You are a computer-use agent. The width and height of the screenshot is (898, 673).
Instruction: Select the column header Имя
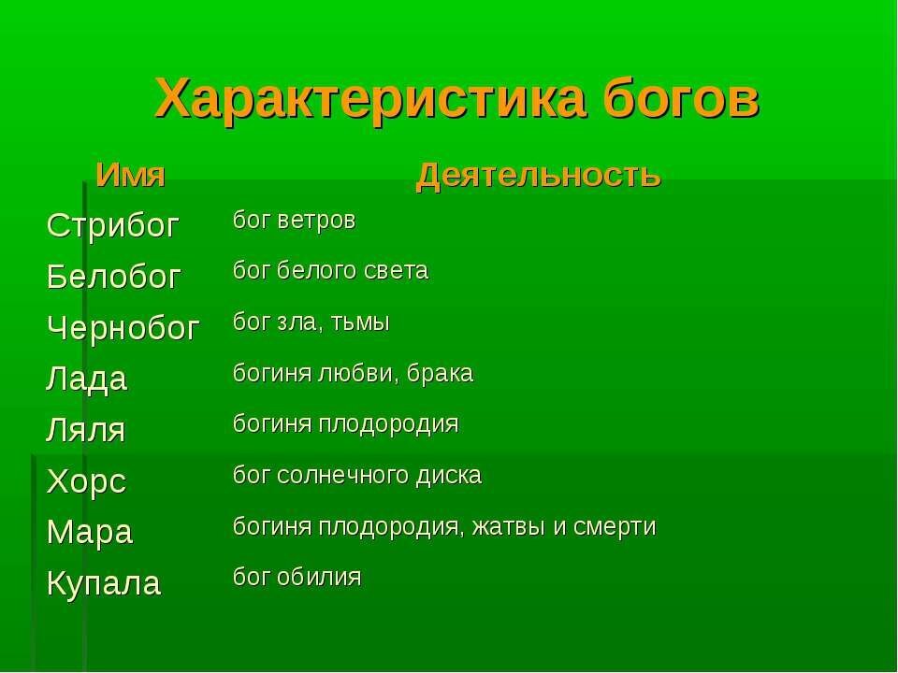tap(131, 175)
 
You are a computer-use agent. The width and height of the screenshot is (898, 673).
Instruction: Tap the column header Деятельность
tap(539, 175)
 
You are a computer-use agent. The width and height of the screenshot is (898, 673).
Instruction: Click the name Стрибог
tap(113, 225)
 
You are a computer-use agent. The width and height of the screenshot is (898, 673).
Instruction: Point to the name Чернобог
tap(123, 328)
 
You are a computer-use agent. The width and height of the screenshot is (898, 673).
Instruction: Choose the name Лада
tap(87, 379)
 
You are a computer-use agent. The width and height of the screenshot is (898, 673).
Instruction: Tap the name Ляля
tap(86, 431)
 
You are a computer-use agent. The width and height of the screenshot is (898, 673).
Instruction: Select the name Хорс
tap(86, 482)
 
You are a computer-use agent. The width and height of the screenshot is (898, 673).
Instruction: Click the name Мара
tap(90, 533)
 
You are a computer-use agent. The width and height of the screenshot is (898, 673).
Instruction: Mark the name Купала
tap(103, 584)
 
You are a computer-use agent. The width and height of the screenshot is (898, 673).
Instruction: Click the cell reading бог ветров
tap(294, 222)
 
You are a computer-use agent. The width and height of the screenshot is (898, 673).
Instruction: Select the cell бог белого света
tap(330, 272)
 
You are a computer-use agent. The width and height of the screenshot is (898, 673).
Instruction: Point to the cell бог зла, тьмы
tap(311, 323)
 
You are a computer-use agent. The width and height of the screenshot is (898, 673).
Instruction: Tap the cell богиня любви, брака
tap(353, 375)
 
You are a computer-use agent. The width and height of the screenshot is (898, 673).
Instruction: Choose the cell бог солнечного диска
tap(356, 476)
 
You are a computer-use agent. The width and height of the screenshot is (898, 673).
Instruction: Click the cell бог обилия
tap(297, 577)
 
